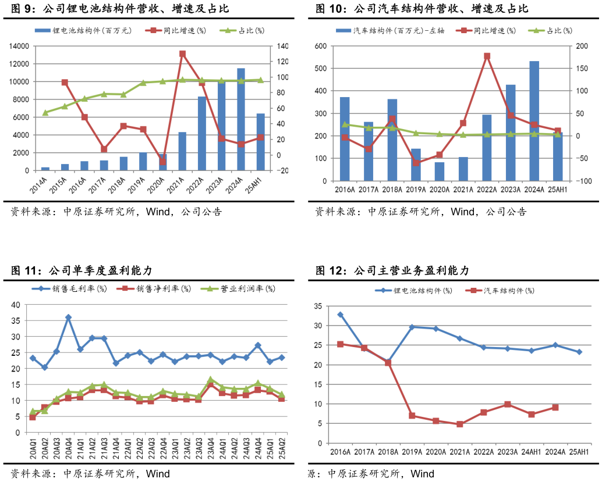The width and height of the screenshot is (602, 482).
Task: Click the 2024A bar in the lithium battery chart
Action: (240, 119)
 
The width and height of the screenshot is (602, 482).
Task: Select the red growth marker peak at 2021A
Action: (182, 54)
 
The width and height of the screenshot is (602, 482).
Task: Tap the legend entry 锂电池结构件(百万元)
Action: (86, 30)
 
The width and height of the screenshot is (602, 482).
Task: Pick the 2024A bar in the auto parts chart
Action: (534, 121)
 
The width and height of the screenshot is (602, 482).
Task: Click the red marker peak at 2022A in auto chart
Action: (487, 56)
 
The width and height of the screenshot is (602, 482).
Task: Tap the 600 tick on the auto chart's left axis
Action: (321, 46)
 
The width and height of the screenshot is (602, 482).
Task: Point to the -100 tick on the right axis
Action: (583, 181)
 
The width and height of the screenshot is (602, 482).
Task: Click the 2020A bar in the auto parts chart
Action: (440, 172)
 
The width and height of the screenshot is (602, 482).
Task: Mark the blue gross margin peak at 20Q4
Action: (68, 317)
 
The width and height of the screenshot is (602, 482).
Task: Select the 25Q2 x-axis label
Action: (282, 450)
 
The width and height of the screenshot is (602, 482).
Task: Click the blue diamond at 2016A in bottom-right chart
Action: (341, 315)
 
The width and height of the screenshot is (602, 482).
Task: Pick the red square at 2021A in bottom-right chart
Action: (460, 424)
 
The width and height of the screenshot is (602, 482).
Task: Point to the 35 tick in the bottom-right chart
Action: (317, 306)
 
